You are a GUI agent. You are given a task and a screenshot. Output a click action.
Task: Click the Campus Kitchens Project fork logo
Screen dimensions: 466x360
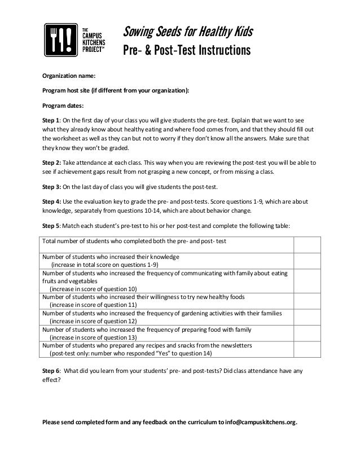[61, 41]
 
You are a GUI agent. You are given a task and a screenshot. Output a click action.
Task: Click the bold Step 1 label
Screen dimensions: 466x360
[52, 120]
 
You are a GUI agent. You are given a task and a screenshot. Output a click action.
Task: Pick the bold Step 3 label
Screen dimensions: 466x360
[52, 187]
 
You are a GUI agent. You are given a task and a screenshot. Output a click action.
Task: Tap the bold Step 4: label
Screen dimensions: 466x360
[52, 201]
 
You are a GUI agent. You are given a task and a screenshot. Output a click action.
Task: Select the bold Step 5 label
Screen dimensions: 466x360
[52, 226]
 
